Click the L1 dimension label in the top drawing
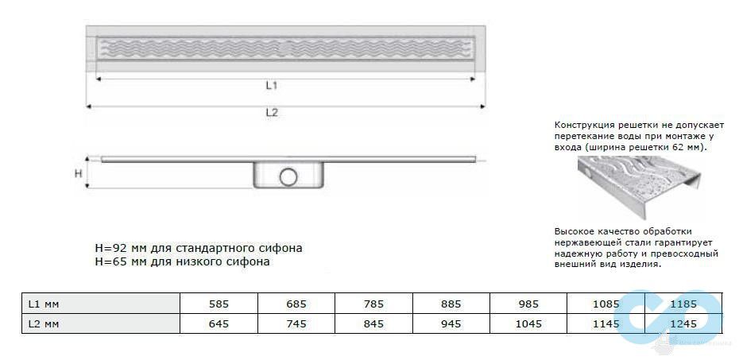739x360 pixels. (271, 85)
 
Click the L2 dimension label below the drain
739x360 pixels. (271, 113)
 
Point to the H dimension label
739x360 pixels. (78, 172)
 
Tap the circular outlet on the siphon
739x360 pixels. (288, 176)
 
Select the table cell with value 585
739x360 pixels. (218, 304)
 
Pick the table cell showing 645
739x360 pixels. (218, 323)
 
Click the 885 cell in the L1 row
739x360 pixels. (451, 304)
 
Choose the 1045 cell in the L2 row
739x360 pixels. (528, 323)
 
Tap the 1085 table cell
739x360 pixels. (606, 304)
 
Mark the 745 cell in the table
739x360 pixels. (296, 323)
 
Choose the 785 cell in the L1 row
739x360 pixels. (373, 304)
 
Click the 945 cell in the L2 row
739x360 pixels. (451, 323)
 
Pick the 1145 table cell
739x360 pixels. (606, 323)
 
